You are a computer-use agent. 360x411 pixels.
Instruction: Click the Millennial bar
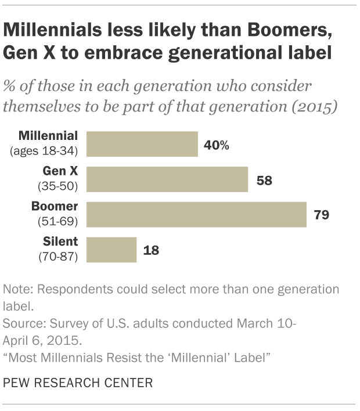point(142,144)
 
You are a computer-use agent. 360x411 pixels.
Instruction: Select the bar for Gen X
point(167,179)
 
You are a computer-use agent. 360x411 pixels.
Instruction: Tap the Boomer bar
point(196,215)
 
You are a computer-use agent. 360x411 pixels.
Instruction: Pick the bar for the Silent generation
point(111,250)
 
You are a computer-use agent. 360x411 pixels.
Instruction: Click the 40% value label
point(217,145)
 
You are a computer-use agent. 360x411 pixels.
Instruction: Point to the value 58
point(264,180)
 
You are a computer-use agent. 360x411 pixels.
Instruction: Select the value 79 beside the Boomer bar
point(321,215)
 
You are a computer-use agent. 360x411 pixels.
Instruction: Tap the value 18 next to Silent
point(151,250)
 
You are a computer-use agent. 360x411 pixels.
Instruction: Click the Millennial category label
point(48,136)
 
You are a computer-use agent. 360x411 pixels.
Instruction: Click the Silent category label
point(62,242)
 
